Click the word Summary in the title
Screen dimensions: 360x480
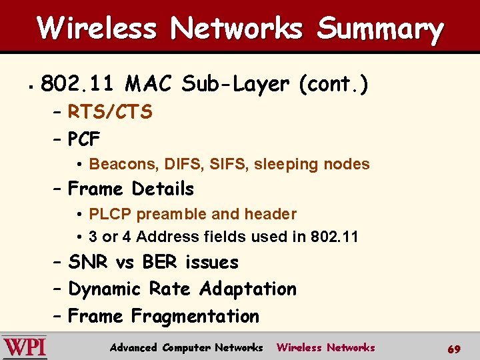pos(380,29)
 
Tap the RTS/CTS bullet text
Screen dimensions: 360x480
pos(110,112)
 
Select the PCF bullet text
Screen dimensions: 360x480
pos(84,139)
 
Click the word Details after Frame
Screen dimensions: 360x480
pos(163,189)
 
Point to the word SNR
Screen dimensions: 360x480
pos(89,263)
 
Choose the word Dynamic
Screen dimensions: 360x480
pos(105,289)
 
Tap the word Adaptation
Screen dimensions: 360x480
pos(248,289)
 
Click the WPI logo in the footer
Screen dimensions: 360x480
pos(25,347)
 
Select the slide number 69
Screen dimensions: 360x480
pos(453,349)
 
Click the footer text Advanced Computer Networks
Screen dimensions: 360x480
pos(187,347)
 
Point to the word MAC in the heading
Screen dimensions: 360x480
pos(149,85)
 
